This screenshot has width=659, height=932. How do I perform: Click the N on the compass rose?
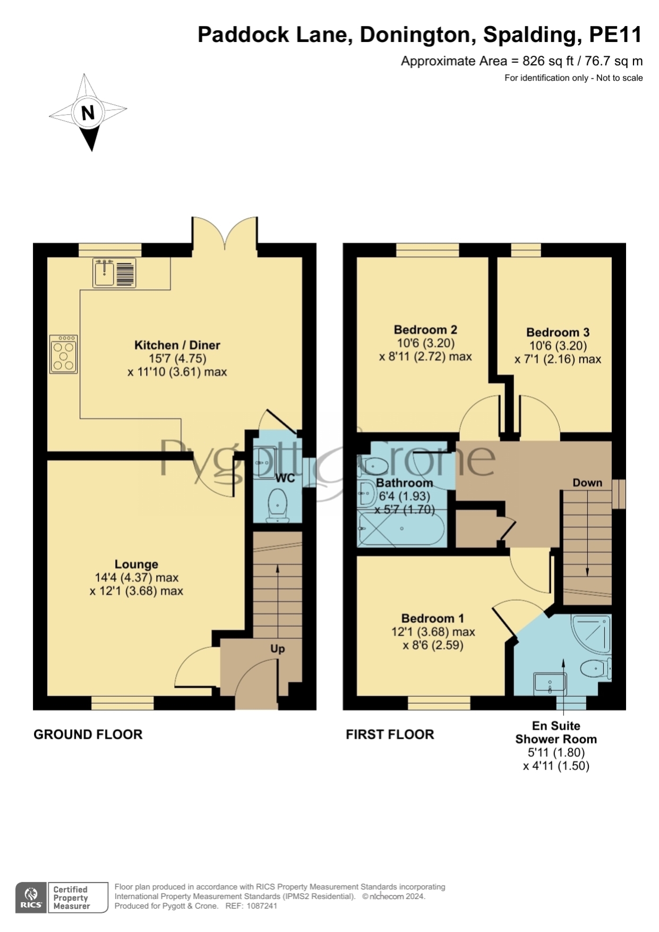click(88, 113)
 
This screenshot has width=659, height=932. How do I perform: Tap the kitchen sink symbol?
click(114, 273)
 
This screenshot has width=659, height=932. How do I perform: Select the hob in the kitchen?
click(64, 354)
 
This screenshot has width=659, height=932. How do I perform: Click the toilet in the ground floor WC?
click(278, 504)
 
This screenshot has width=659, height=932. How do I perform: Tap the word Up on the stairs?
click(278, 649)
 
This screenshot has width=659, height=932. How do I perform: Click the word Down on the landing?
click(587, 483)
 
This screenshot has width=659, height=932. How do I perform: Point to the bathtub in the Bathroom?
click(402, 528)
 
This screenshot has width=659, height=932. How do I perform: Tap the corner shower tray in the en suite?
click(592, 634)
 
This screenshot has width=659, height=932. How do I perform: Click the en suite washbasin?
click(550, 682)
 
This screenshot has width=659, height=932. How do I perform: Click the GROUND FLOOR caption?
click(88, 734)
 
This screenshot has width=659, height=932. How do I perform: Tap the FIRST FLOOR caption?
click(390, 734)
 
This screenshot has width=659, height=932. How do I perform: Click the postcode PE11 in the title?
click(616, 35)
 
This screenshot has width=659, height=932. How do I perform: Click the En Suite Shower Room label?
click(556, 732)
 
